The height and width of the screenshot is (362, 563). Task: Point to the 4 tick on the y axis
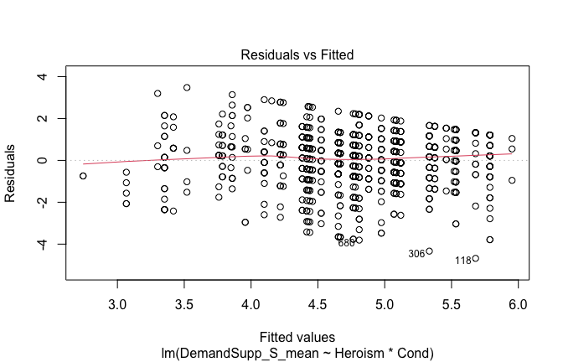[52, 77]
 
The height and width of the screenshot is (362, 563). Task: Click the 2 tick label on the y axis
[52, 119]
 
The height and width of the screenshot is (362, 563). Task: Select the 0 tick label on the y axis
[52, 160]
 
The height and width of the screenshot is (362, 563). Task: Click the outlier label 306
[416, 254]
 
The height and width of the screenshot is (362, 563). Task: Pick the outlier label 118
[463, 261]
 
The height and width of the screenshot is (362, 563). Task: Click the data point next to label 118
[476, 258]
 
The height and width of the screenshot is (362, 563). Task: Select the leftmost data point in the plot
[83, 176]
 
